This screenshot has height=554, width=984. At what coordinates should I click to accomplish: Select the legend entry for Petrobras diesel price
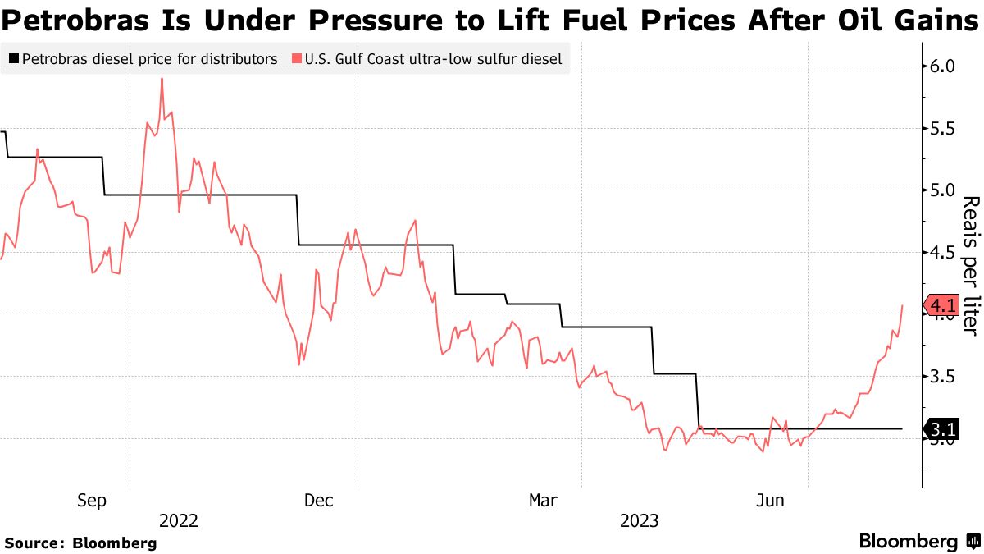[x=143, y=59]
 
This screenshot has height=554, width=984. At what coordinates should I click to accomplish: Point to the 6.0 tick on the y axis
[x=941, y=66]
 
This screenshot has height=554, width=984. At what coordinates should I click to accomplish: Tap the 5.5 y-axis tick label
[x=941, y=129]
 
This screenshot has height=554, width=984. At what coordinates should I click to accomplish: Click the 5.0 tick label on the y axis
[x=941, y=190]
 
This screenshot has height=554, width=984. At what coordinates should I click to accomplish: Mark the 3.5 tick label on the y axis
[x=941, y=377]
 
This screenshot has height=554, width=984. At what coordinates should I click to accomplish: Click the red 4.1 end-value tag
[x=942, y=306]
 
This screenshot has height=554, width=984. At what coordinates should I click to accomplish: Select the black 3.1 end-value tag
[x=942, y=429]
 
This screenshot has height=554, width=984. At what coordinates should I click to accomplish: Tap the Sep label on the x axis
[x=91, y=500]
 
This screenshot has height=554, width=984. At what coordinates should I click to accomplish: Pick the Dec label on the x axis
[x=318, y=500]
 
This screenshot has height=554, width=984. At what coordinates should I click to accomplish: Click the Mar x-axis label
[x=544, y=500]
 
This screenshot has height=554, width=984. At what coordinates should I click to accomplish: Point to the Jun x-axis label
[x=770, y=500]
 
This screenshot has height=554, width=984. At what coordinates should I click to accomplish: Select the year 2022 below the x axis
[x=180, y=520]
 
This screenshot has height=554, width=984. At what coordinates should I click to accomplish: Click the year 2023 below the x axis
[x=640, y=520]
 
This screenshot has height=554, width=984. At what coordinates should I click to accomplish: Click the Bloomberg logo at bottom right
[x=918, y=542]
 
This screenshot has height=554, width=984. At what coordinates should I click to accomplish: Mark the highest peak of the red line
[x=162, y=79]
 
